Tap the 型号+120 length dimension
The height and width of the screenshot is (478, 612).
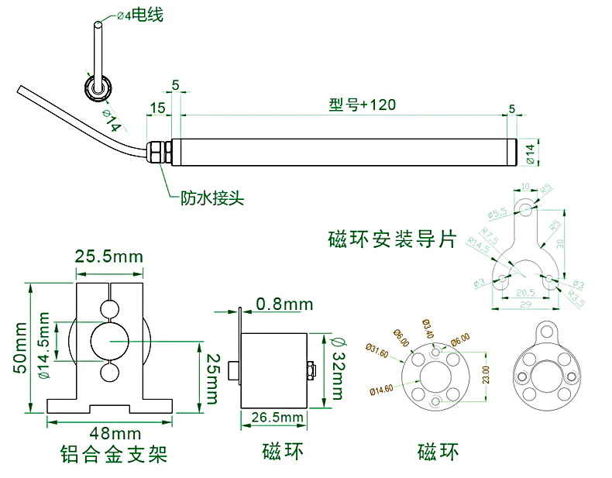click(x=362, y=105)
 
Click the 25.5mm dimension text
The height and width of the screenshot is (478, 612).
click(x=109, y=256)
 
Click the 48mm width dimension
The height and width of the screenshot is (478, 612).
click(x=109, y=432)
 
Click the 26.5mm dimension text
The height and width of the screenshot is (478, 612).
click(x=277, y=418)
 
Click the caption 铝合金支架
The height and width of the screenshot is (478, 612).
click(x=113, y=453)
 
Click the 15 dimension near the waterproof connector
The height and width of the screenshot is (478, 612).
click(x=157, y=108)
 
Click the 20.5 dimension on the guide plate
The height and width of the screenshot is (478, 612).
click(x=526, y=293)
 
